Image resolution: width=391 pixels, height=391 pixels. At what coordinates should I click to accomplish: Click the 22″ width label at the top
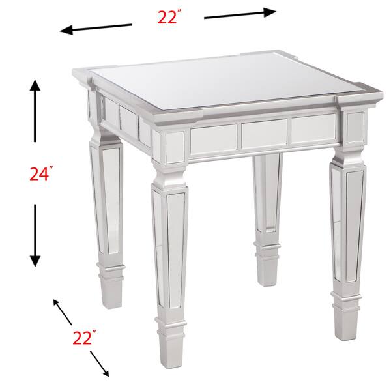coord(168,18)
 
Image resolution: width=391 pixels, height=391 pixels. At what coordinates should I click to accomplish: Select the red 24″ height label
coord(40,174)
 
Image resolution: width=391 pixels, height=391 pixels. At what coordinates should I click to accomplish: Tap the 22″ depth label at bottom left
coord(84,338)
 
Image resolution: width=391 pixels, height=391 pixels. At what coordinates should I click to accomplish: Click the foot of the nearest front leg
coord(171,345)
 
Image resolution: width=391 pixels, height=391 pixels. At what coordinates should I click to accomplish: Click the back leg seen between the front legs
coord(268,209)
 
